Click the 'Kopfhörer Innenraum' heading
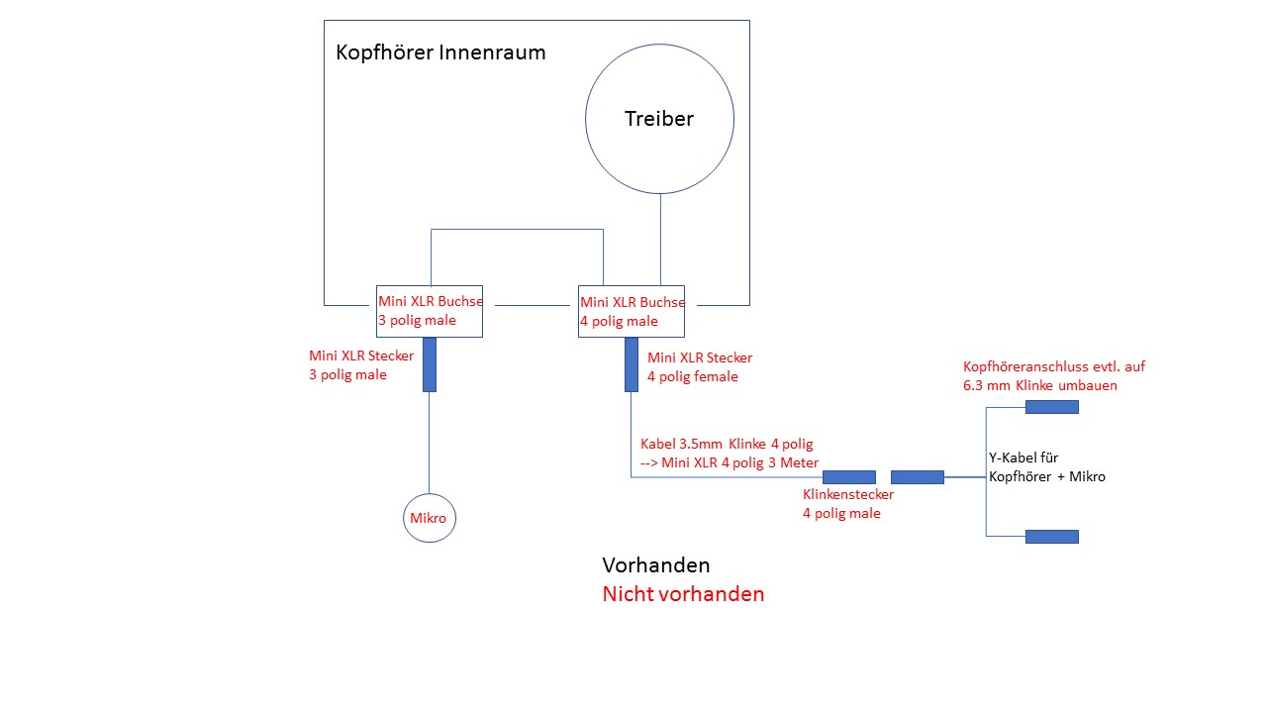(x=440, y=52)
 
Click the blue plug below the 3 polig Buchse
(x=430, y=364)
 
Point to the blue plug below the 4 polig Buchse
(x=632, y=364)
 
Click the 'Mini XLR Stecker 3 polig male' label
(x=361, y=365)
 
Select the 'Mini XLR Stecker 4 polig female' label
(x=700, y=366)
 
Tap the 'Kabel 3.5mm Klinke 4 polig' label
(x=727, y=444)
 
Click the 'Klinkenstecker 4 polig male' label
(x=848, y=504)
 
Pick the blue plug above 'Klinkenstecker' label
(x=849, y=477)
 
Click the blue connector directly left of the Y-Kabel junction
(x=918, y=477)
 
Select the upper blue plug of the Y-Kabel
(x=1052, y=407)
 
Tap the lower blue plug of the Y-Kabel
(x=1052, y=537)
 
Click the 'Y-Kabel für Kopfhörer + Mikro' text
(x=1047, y=466)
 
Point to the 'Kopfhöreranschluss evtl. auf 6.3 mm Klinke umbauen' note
(x=1054, y=375)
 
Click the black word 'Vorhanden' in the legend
(x=656, y=565)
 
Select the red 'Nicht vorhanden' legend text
(x=683, y=594)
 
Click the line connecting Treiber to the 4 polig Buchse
(x=660, y=240)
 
